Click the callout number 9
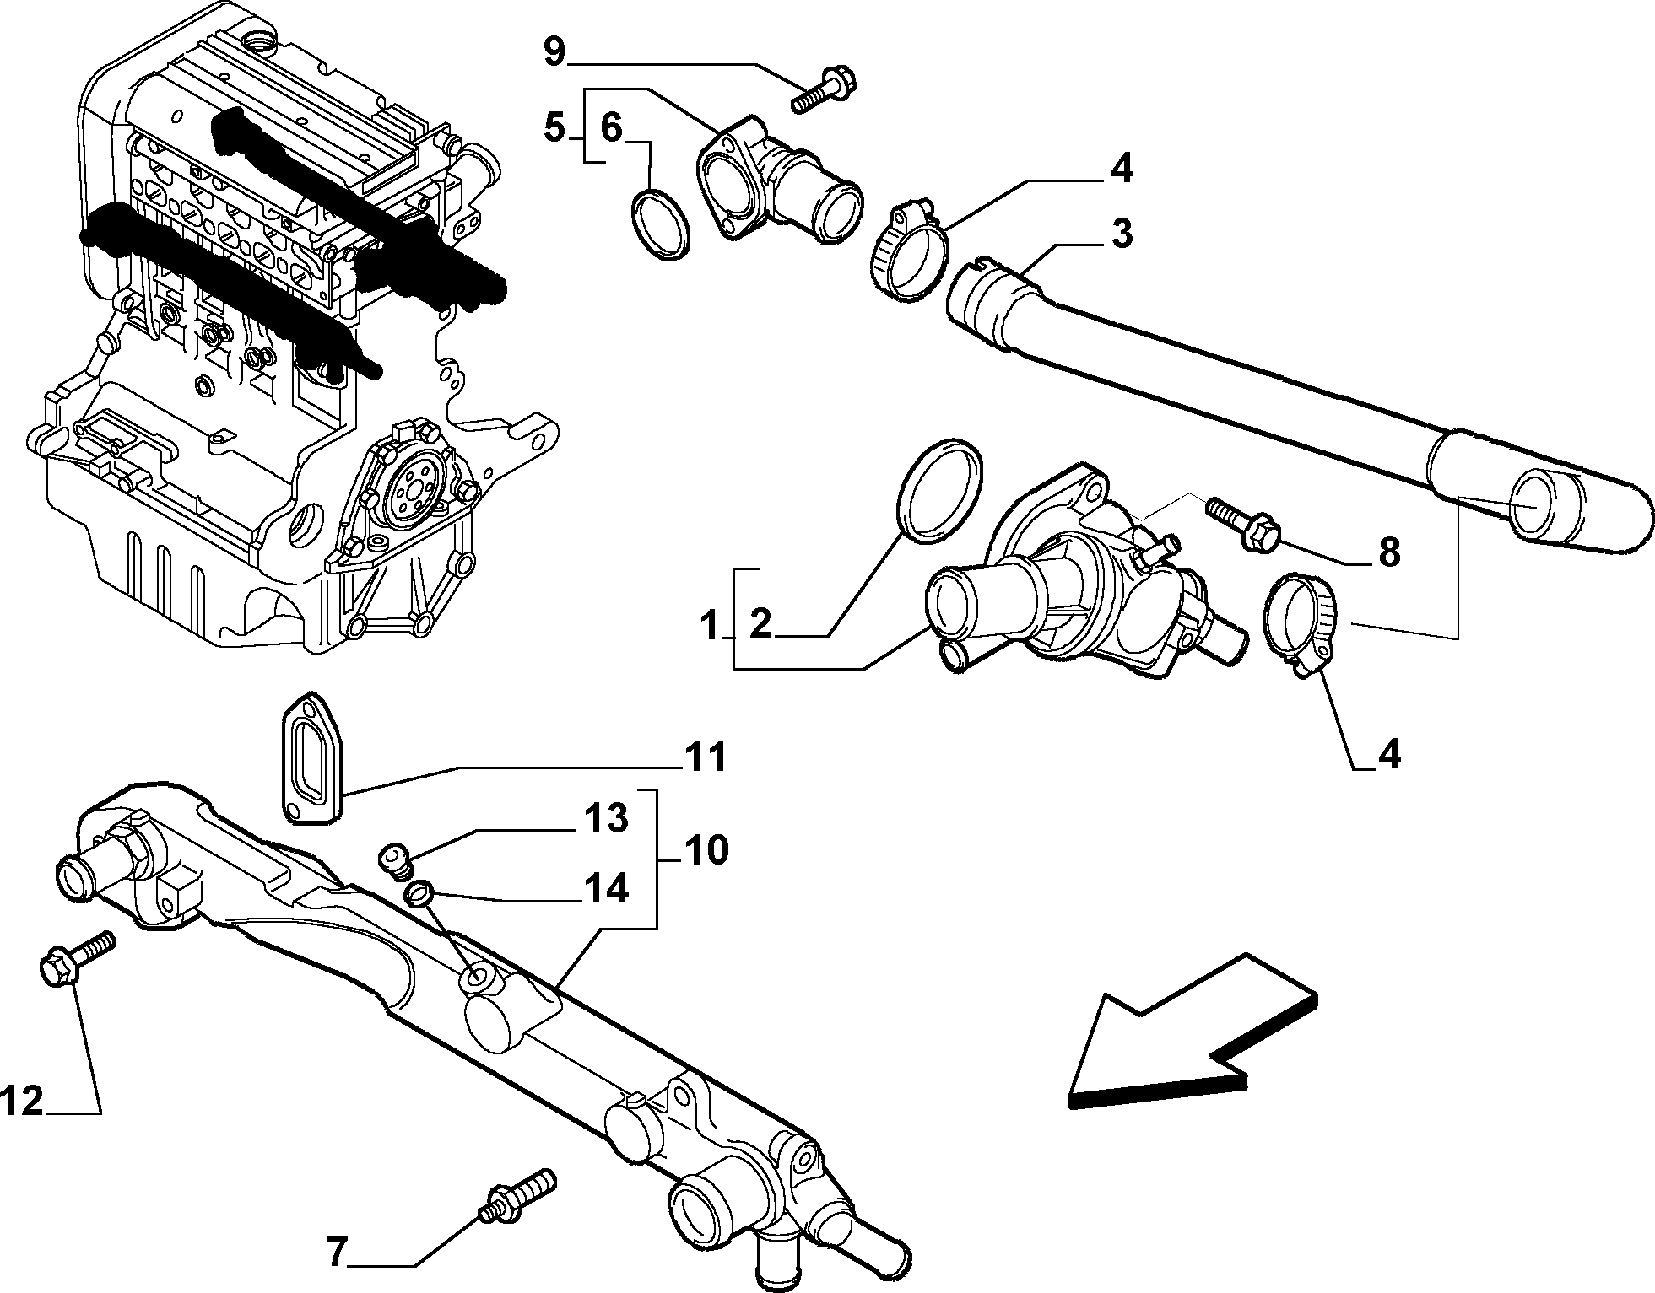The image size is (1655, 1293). [554, 51]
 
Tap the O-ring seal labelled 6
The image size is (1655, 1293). [662, 225]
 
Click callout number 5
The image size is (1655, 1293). [554, 130]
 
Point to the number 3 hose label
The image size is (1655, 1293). [1122, 234]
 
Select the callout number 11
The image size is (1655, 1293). [704, 757]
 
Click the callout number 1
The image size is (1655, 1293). [711, 626]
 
